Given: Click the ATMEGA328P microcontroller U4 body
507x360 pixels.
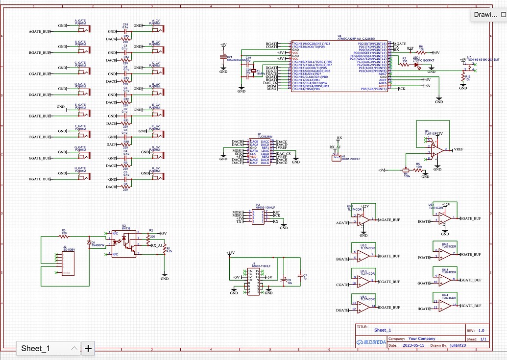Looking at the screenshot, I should [339, 66].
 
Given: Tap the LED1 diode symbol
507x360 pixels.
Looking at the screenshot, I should [417, 65].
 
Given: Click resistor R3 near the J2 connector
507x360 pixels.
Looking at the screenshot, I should [64, 236].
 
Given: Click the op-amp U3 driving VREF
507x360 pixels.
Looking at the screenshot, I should [435, 150].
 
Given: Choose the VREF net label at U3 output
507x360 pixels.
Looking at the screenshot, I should [459, 149].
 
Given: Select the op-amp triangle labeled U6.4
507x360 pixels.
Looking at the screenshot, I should [445, 306].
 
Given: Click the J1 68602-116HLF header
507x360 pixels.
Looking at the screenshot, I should [254, 281].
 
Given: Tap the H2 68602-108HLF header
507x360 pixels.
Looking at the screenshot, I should [259, 216].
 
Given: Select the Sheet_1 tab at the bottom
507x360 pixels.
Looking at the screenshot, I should [36, 349].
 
